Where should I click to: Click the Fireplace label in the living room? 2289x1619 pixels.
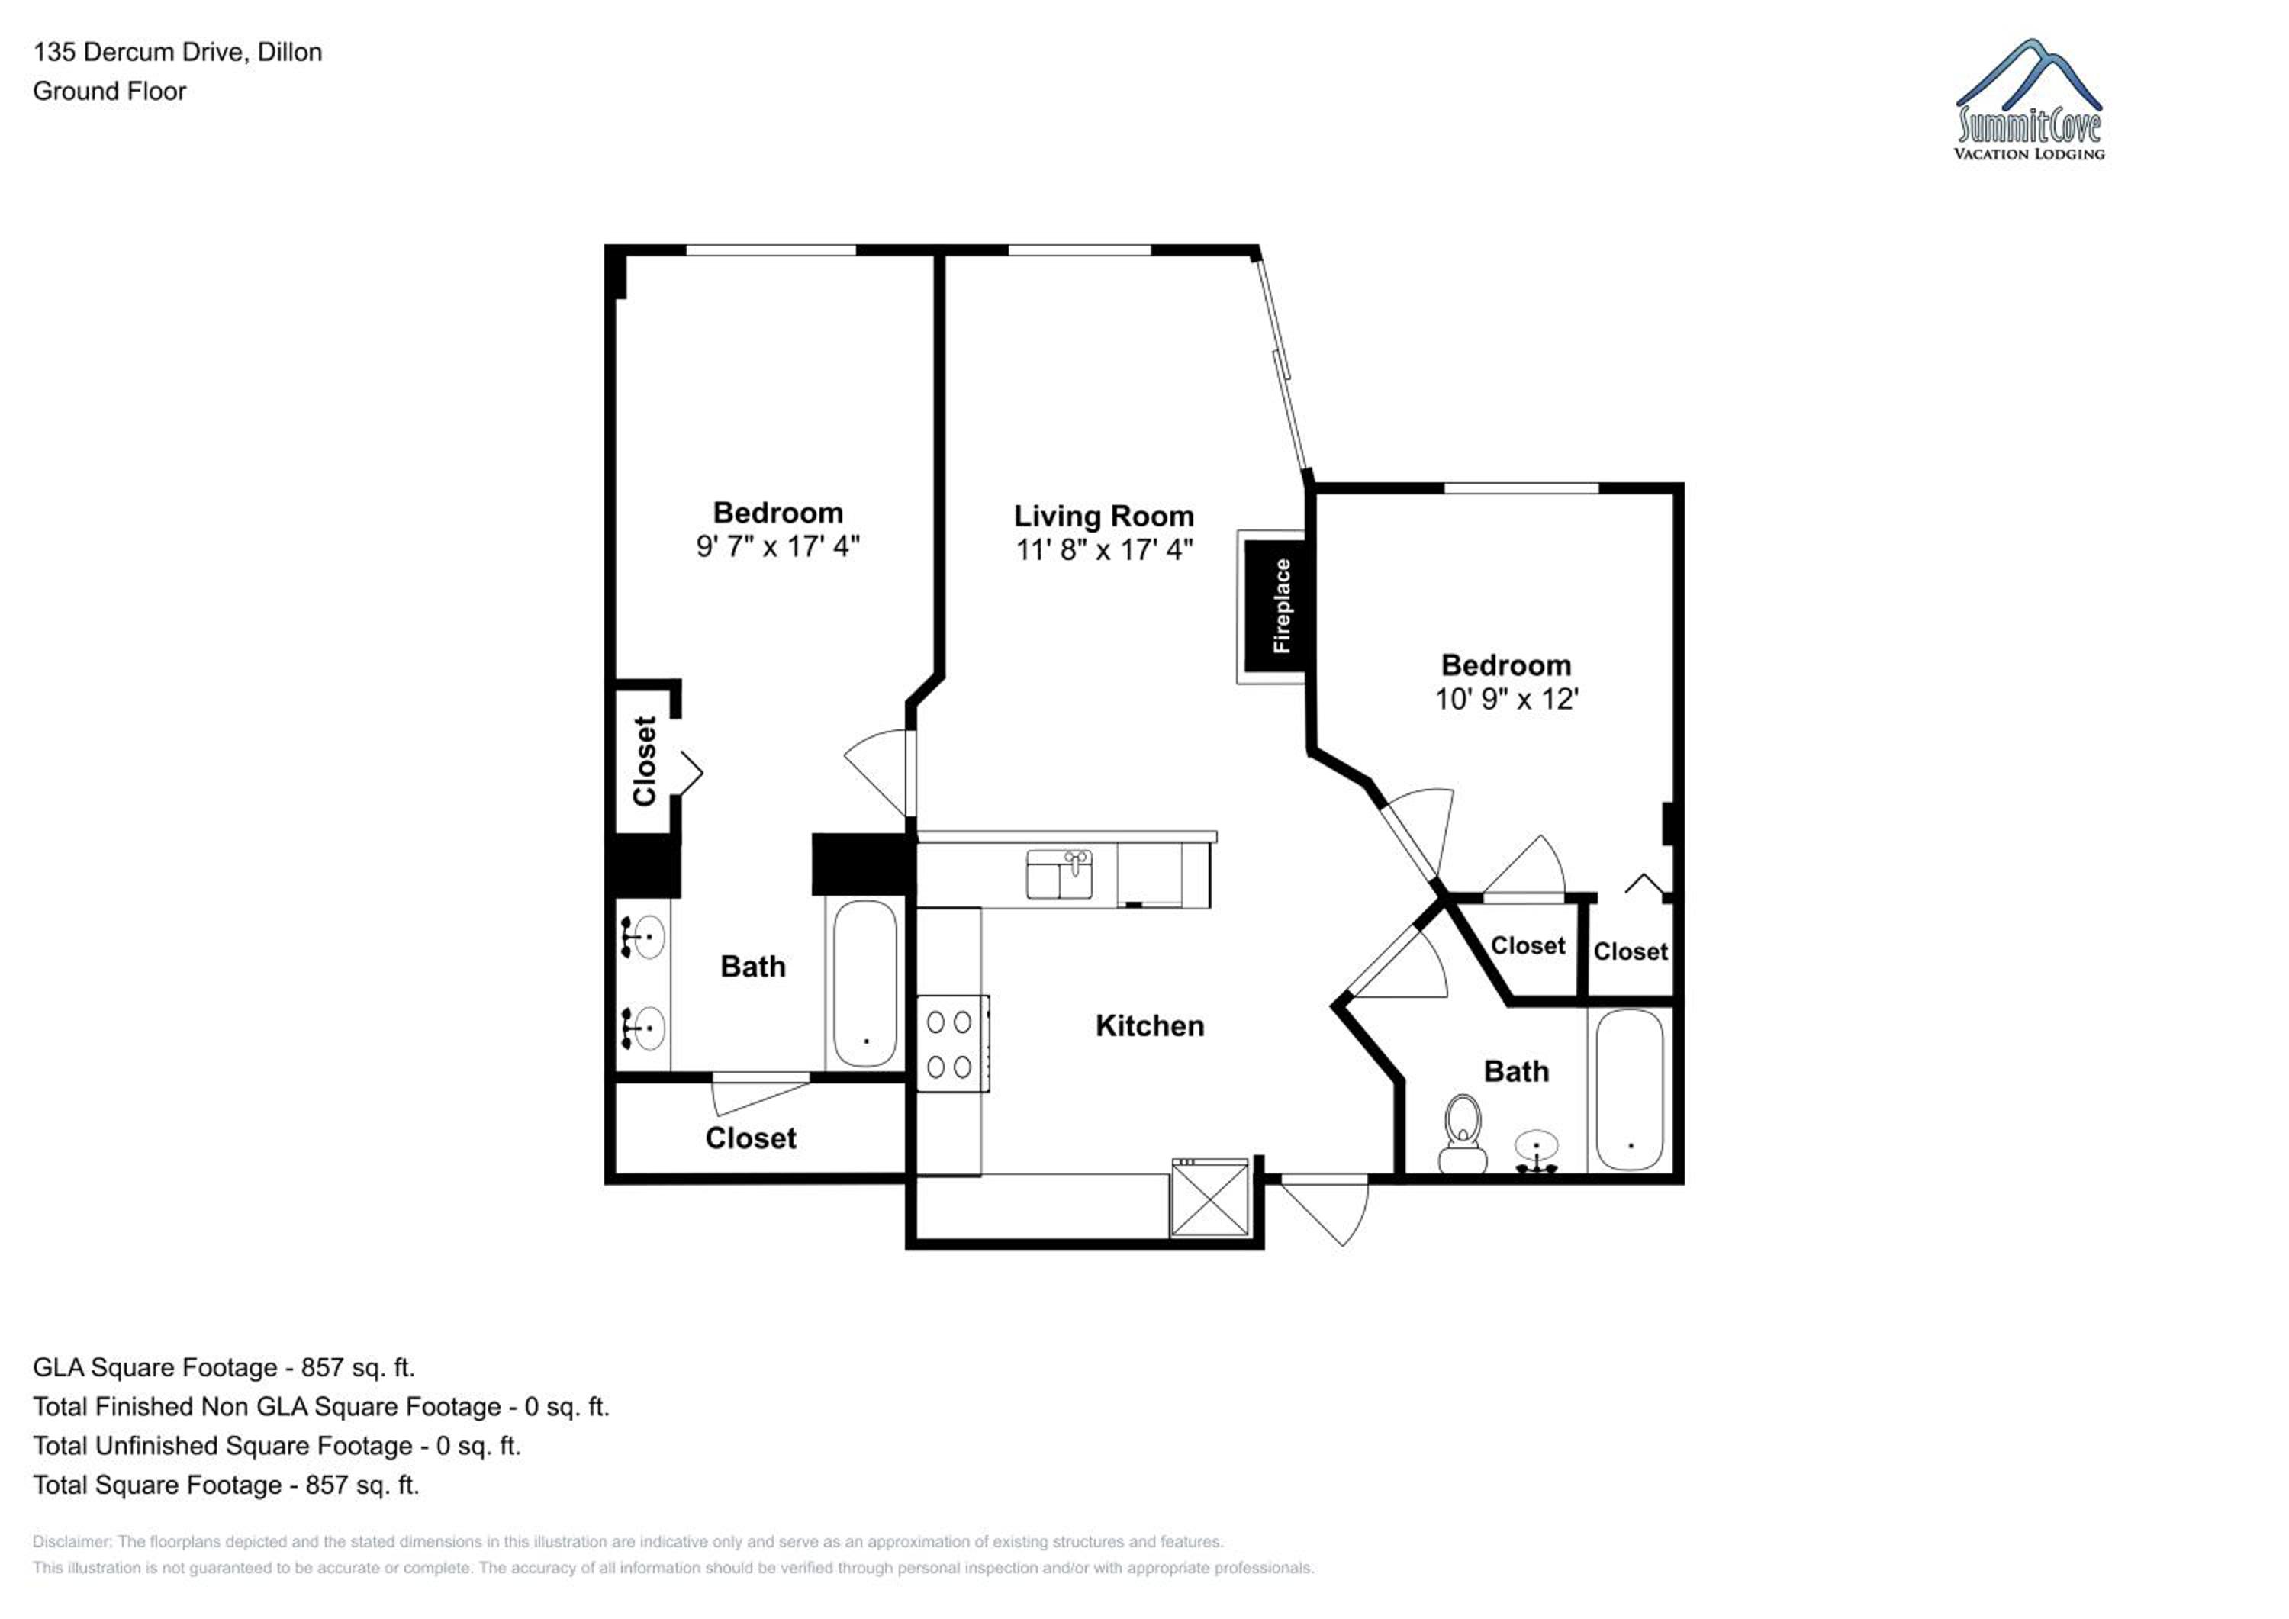coord(1281,606)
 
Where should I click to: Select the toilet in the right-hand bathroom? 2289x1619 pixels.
coord(1463,1134)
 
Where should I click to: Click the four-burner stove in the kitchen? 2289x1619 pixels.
coord(952,1044)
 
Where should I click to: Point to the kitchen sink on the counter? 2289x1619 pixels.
coord(1059,874)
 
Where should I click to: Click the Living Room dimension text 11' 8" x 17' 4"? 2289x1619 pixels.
coord(1103,549)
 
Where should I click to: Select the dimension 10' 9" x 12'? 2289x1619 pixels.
coord(1506,699)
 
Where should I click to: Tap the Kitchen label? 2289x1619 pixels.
coord(1150,1026)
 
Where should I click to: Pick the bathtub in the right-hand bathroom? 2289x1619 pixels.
coord(1629,1090)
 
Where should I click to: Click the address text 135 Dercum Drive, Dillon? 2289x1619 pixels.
coord(178,53)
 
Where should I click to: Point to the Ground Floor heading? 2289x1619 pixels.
coord(110,92)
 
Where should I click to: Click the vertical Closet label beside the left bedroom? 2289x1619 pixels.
coord(644,761)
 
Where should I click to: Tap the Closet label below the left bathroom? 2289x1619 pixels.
coord(751,1138)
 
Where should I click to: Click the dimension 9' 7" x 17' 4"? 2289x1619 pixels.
coord(777,546)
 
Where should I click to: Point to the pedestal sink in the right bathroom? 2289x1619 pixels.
coord(1537,1152)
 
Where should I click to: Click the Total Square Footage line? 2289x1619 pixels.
coord(225,1485)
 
